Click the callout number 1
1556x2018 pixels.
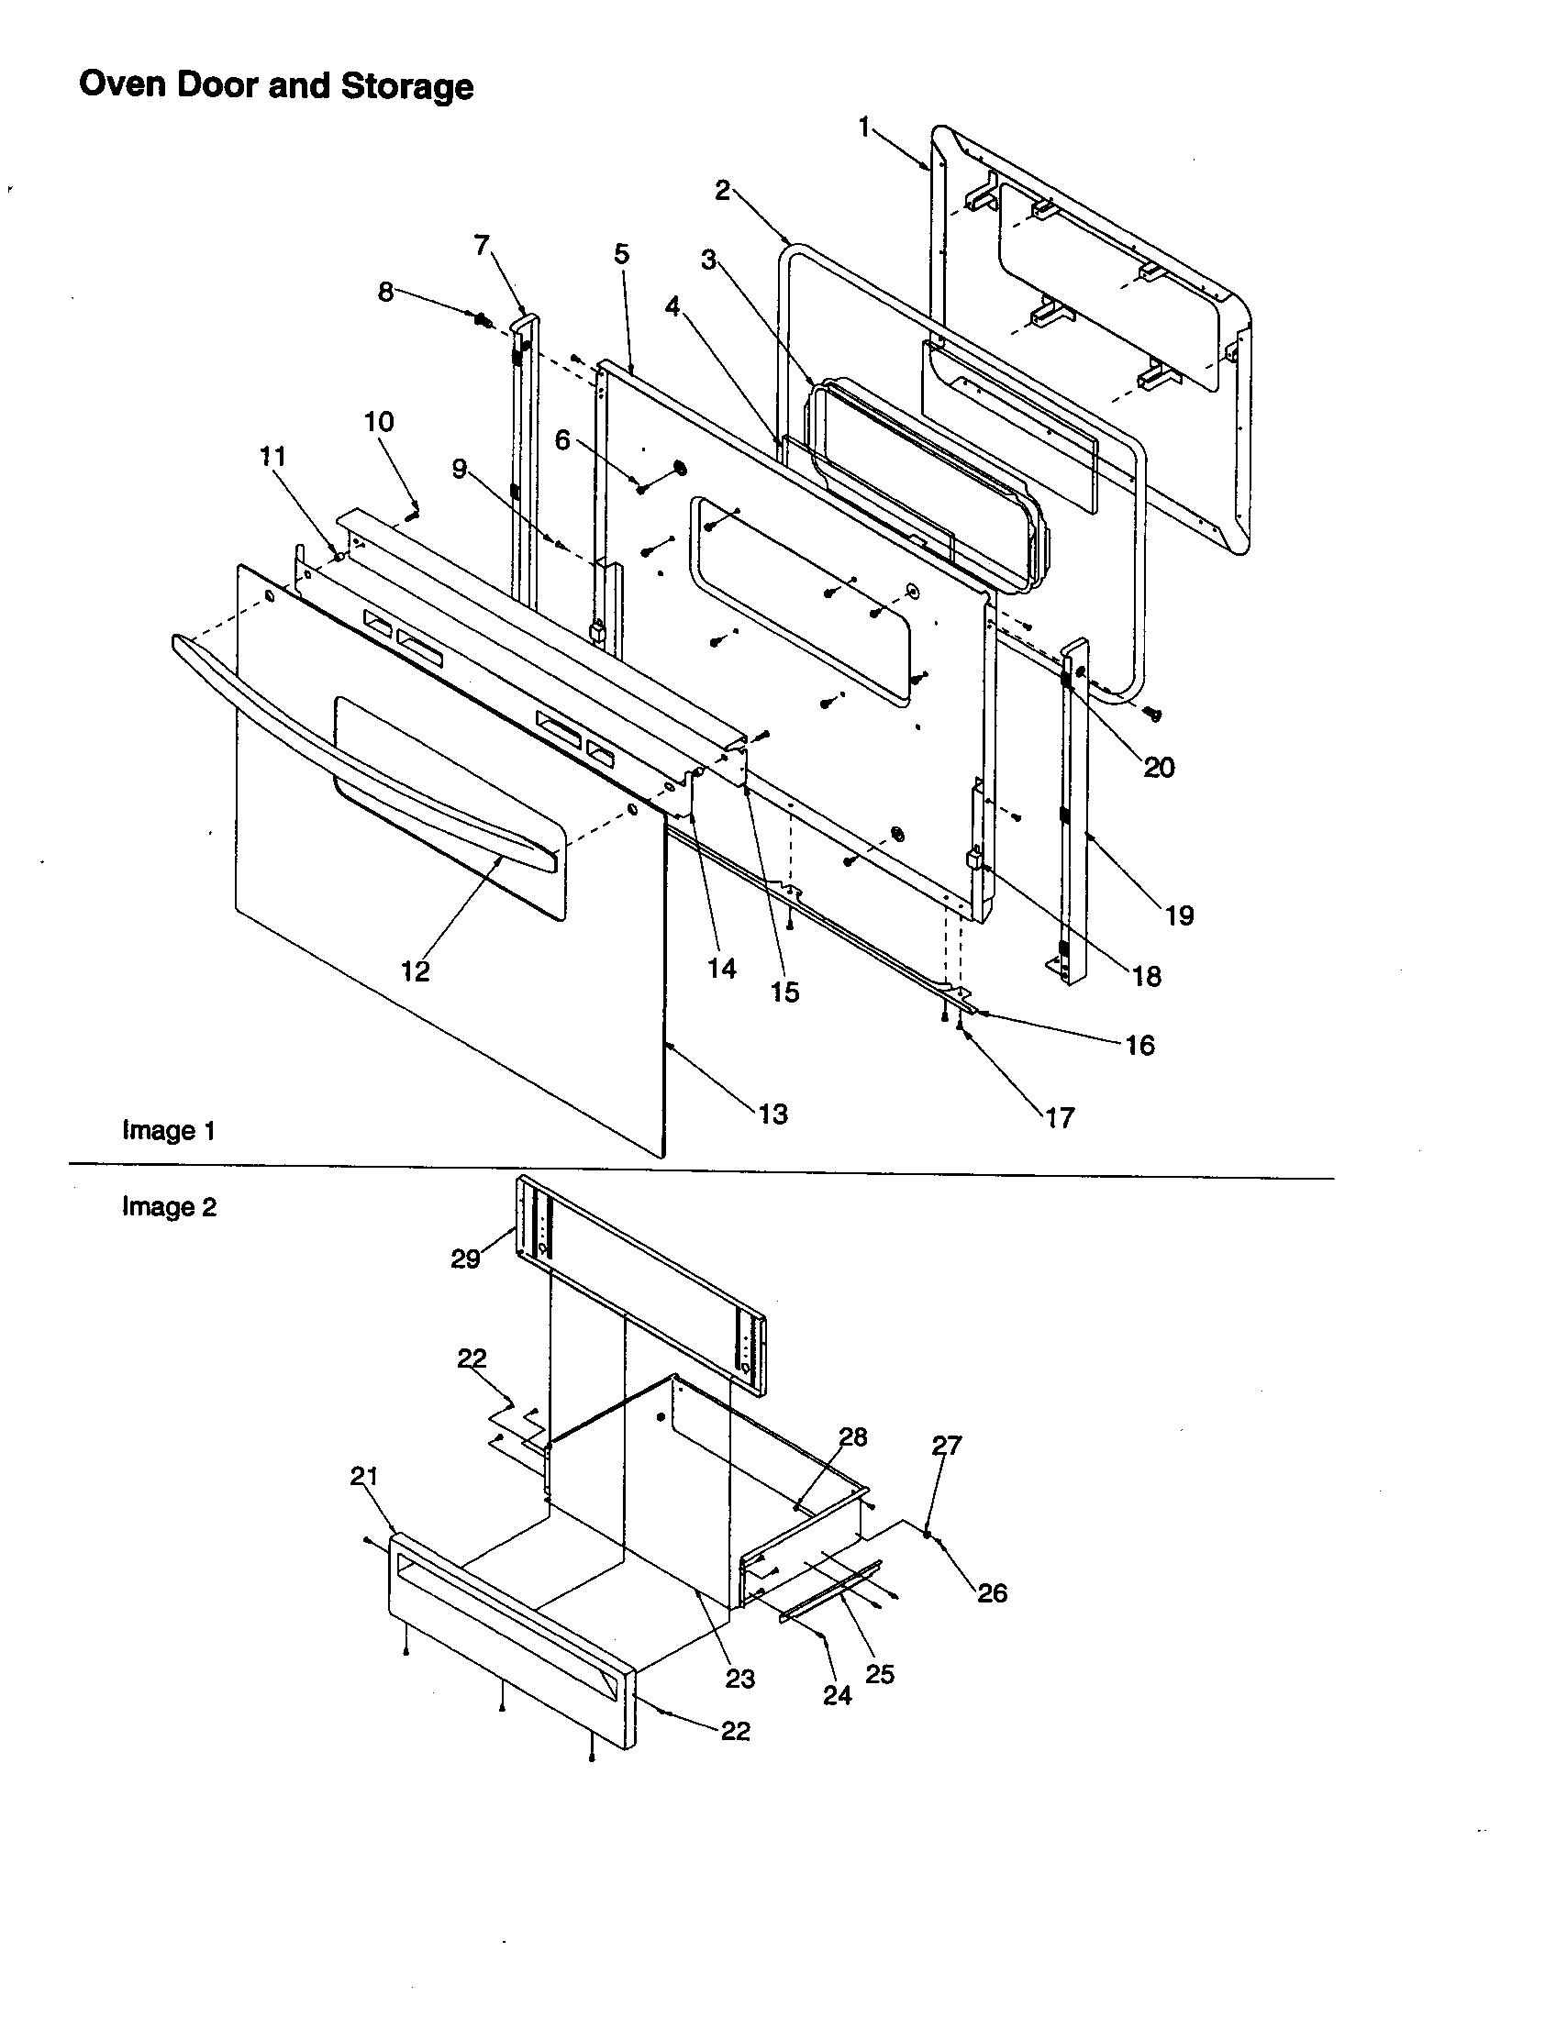click(x=864, y=127)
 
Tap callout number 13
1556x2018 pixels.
click(x=772, y=1114)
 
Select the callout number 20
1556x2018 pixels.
click(x=1159, y=767)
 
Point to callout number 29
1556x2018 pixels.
click(x=465, y=1259)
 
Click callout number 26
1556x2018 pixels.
click(x=992, y=1593)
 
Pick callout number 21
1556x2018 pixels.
click(x=364, y=1477)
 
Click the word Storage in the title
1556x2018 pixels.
click(x=406, y=86)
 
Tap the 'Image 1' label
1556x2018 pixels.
click(x=169, y=1130)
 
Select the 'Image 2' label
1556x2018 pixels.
click(x=169, y=1207)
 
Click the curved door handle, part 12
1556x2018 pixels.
click(x=370, y=739)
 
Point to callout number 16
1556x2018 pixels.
click(x=1139, y=1045)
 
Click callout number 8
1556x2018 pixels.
click(x=385, y=292)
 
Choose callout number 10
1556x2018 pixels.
click(x=379, y=422)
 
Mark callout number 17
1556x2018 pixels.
click(x=1060, y=1118)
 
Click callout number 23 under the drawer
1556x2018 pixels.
click(x=739, y=1679)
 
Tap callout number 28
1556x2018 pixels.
click(x=853, y=1436)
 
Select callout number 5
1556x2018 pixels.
click(x=621, y=253)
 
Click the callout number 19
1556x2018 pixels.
click(x=1179, y=915)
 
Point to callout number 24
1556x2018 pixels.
click(x=837, y=1695)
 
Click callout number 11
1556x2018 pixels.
click(x=272, y=457)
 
